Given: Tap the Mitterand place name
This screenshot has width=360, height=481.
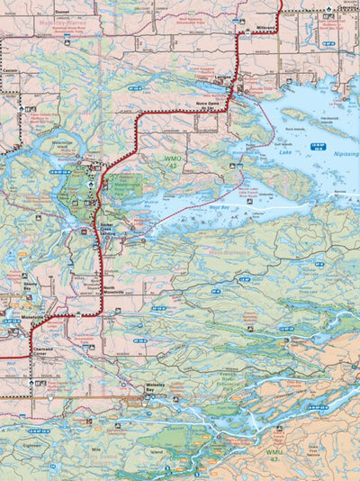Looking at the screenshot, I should pos(265,28).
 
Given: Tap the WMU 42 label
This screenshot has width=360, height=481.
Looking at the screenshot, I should pos(173,162).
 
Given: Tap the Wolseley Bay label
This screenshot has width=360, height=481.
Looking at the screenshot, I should pos(157,388).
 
